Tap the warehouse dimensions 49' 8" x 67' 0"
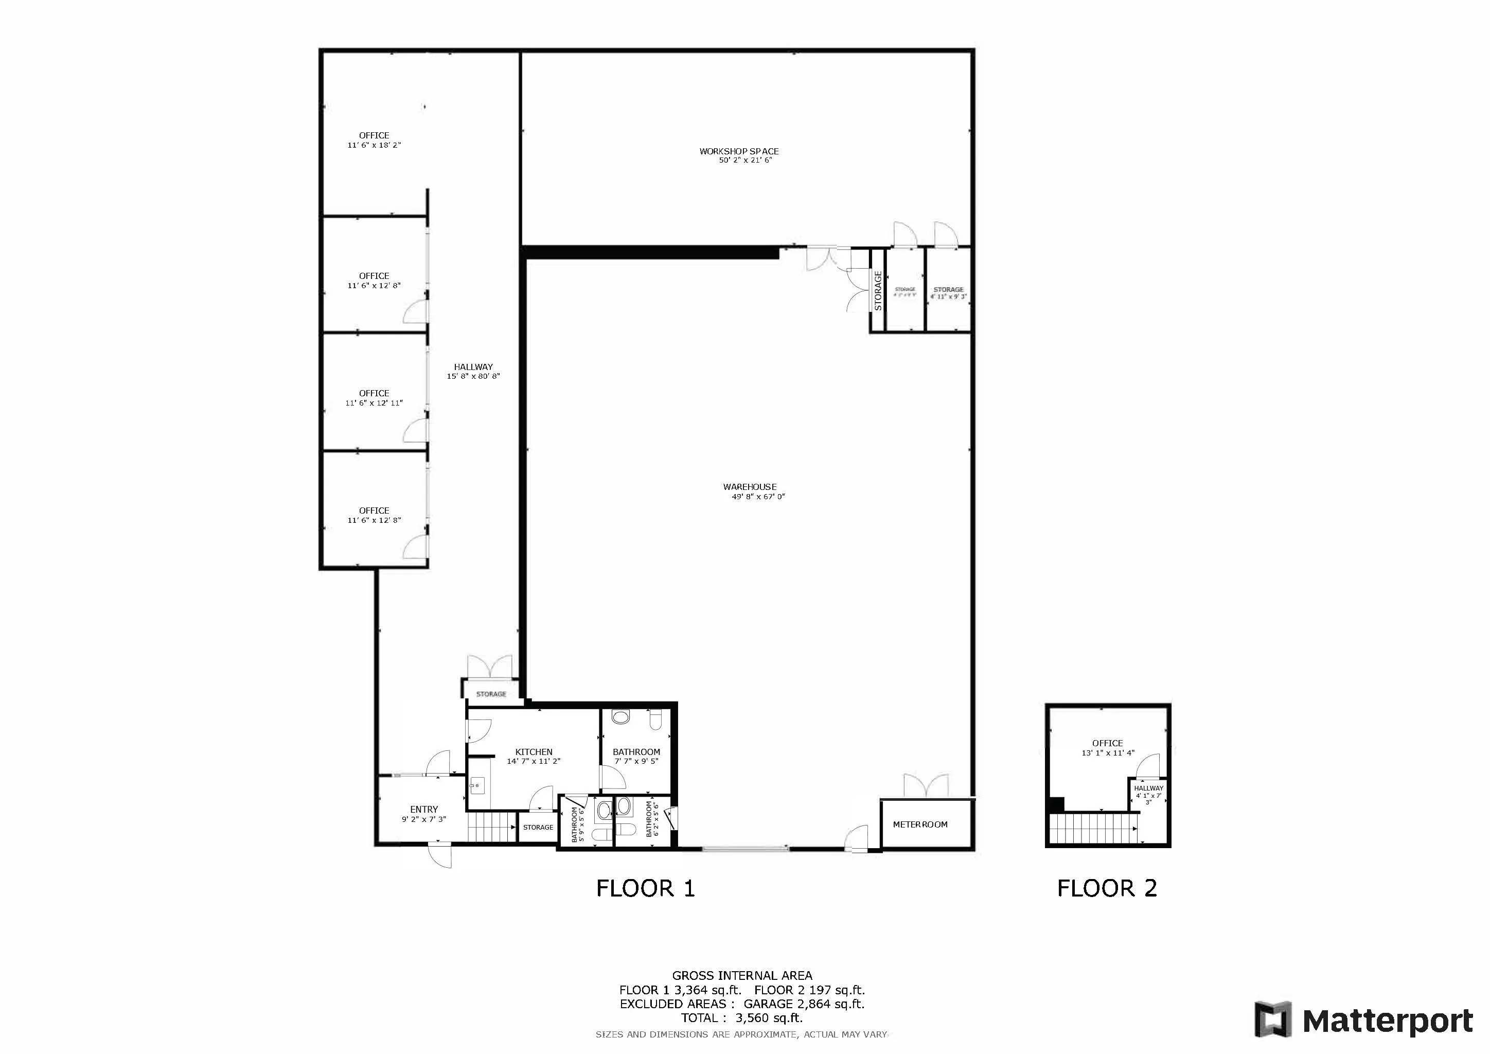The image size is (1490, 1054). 758,497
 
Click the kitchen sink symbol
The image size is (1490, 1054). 477,786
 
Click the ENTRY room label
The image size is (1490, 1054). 424,810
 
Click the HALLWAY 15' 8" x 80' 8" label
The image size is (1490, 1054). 473,371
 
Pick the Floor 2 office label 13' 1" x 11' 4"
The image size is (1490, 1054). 1107,748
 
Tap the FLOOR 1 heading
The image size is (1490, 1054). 645,888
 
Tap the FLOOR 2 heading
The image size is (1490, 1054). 1107,888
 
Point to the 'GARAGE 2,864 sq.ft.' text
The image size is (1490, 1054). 804,1004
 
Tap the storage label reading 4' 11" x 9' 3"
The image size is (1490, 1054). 948,293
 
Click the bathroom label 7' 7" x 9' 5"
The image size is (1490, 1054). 636,757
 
